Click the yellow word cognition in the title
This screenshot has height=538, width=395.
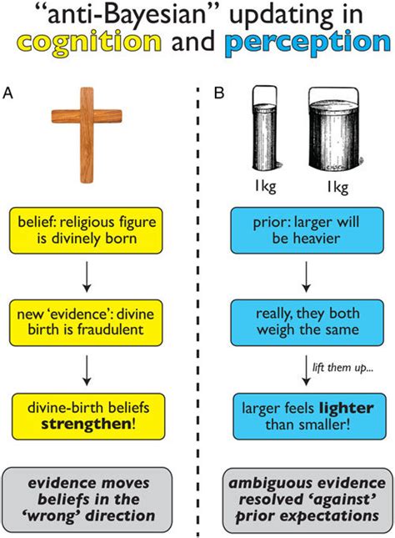point(89,43)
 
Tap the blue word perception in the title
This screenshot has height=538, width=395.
point(307,43)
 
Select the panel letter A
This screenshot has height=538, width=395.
point(7,93)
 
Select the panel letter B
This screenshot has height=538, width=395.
point(219,93)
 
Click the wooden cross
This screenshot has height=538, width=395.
point(87,135)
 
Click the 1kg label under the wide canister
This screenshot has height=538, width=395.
point(337,187)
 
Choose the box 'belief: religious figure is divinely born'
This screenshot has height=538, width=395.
point(86,230)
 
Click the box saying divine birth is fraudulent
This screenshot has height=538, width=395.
point(86,323)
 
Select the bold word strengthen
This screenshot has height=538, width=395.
point(86,424)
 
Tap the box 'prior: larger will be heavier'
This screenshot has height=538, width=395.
point(307,230)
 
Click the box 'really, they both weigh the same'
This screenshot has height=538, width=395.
point(307,322)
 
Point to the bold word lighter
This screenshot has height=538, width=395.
point(347,409)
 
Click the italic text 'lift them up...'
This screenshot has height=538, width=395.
point(342,368)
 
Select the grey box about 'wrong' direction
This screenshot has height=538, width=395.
point(87,500)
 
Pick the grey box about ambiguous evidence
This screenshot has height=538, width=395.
point(307,500)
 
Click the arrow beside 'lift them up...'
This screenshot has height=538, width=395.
point(306,370)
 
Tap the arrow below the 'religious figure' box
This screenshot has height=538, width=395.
point(87,277)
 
